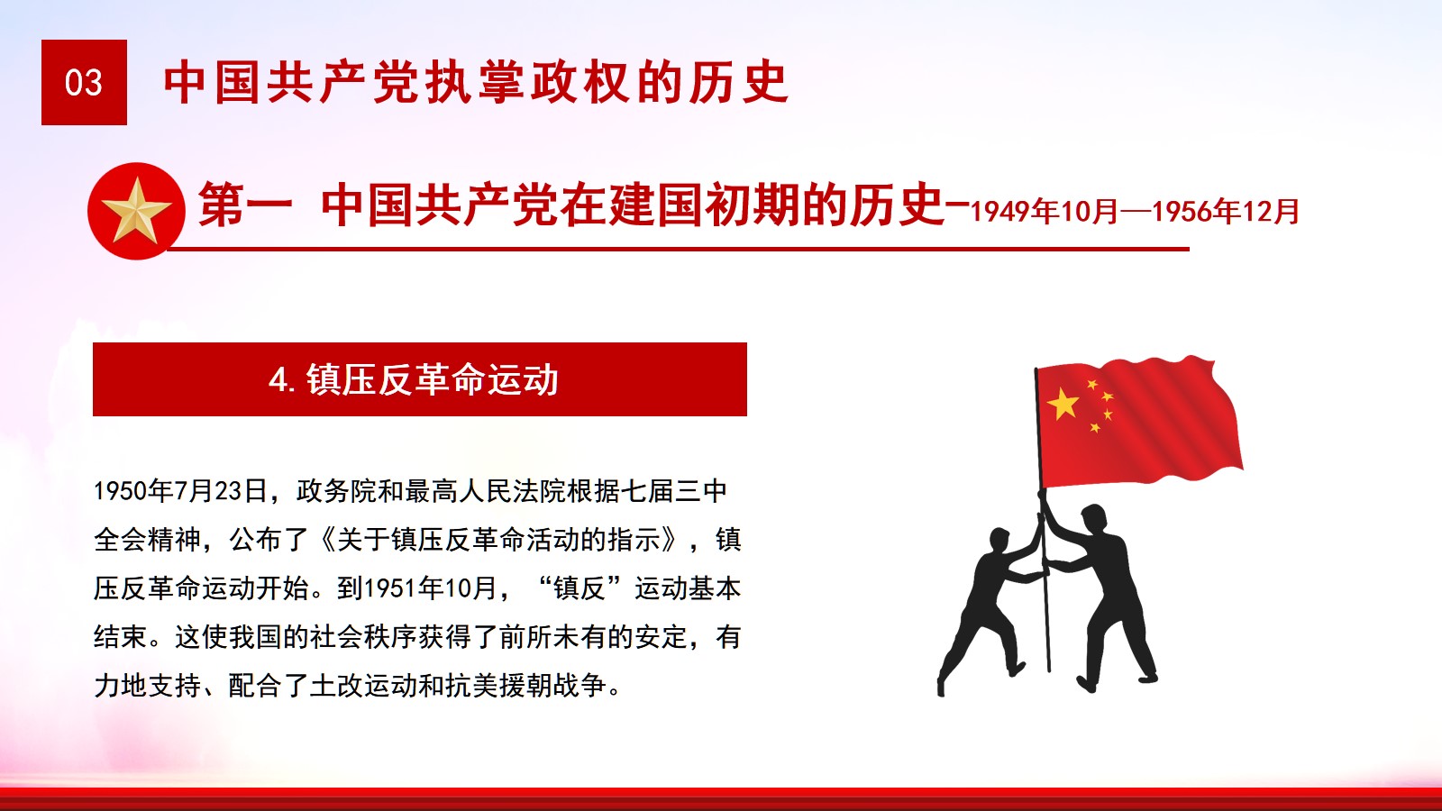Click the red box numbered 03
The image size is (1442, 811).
pos(84,82)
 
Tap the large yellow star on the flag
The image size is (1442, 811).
pos(1063,405)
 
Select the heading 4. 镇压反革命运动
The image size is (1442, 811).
pos(414,379)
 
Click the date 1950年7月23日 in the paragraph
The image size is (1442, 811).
pos(181,491)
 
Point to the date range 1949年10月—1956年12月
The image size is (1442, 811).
pos(1135,212)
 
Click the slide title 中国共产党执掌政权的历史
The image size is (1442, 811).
pos(477,82)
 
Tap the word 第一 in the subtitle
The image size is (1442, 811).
pos(244,205)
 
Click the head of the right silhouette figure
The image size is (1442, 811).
pos(1094,519)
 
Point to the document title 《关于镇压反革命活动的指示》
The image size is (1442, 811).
pos(499,540)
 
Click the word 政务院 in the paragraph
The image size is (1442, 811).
pos(337,491)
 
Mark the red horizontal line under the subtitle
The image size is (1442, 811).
pos(678,249)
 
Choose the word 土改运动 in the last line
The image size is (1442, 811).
pos(363,686)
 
